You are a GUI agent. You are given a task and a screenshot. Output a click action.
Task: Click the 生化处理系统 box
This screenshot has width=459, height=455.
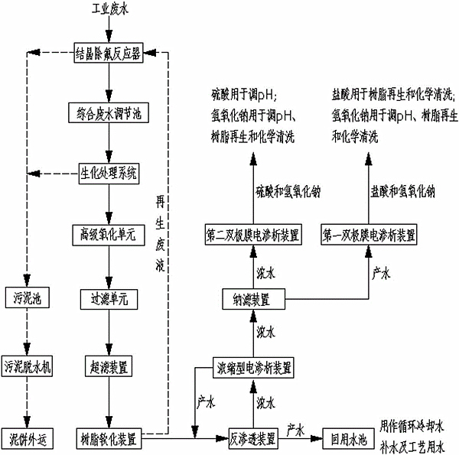[108, 172]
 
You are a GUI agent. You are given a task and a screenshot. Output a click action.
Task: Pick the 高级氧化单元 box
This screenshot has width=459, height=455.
[108, 233]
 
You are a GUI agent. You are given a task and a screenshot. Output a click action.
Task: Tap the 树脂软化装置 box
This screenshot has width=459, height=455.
[108, 438]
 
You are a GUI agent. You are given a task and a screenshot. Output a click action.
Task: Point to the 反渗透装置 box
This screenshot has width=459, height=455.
[253, 438]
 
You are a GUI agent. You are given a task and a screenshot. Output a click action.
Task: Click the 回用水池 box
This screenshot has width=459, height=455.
[345, 438]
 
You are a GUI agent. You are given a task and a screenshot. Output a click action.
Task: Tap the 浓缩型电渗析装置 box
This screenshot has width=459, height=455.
[253, 368]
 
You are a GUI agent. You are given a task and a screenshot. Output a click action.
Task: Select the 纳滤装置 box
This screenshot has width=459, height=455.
[253, 298]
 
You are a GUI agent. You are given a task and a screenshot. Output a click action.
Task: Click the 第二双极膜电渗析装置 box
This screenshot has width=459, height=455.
[253, 233]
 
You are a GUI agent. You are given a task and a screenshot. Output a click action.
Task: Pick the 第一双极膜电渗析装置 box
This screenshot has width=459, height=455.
[369, 233]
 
